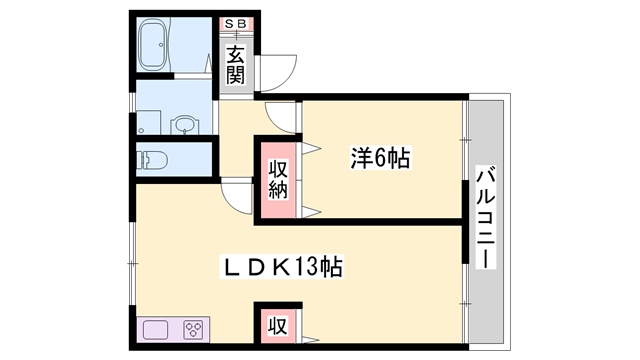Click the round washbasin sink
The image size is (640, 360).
(184, 126)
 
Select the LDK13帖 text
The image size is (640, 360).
(283, 267)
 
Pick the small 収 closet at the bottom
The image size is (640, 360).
(277, 325)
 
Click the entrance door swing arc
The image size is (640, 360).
(281, 68)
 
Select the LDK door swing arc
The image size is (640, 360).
(238, 195)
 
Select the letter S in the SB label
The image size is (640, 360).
(231, 23)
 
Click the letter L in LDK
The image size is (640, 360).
(229, 267)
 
